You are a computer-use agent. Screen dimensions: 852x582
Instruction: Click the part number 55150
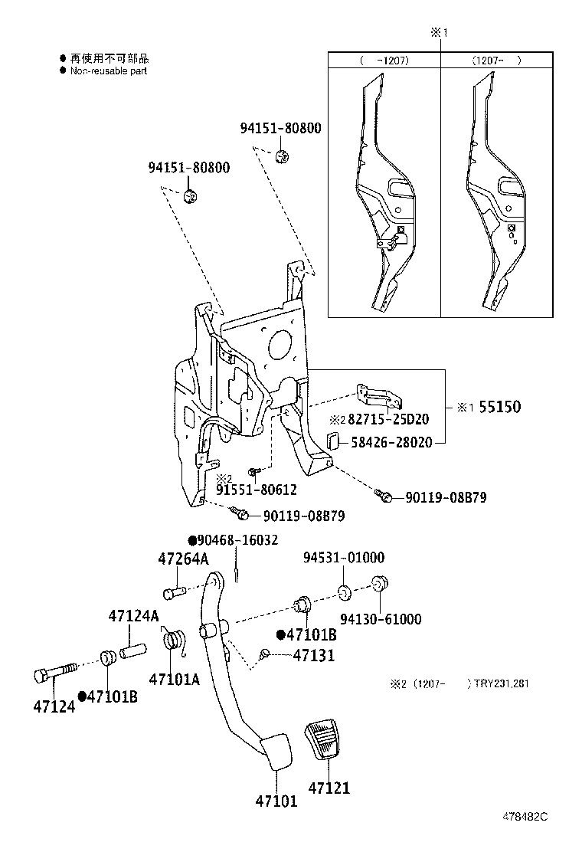click(499, 407)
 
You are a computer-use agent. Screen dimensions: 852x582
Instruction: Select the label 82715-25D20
click(388, 420)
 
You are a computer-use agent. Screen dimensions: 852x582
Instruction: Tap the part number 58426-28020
click(391, 442)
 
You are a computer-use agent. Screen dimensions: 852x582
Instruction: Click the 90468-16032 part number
click(238, 540)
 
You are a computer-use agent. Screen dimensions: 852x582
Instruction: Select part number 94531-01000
click(343, 558)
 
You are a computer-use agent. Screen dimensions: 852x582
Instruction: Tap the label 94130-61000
click(380, 619)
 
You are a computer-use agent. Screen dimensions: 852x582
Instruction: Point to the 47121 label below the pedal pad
click(329, 787)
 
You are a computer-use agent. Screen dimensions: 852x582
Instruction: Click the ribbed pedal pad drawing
click(327, 740)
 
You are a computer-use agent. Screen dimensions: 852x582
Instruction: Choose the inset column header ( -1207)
click(384, 60)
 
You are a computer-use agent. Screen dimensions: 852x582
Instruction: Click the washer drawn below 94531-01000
click(345, 591)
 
